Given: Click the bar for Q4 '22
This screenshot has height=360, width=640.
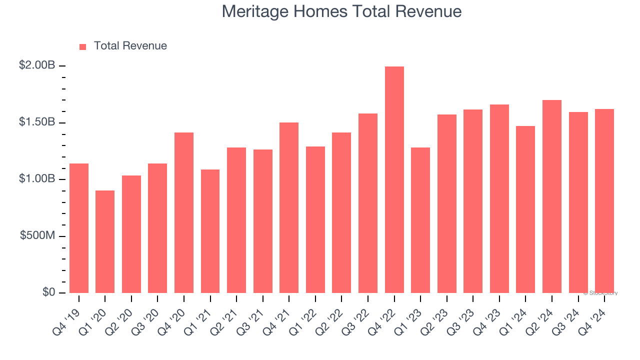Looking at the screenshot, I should (394, 180).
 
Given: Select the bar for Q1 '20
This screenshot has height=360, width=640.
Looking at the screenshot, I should (105, 242).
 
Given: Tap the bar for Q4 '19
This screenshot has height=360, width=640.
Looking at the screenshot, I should (79, 228).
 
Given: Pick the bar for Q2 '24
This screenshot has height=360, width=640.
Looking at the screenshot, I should (552, 196).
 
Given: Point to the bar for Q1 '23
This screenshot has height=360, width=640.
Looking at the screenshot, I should (420, 220).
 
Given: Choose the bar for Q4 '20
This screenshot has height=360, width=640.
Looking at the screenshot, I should (184, 213).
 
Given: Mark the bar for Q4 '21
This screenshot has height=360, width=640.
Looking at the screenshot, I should (289, 208).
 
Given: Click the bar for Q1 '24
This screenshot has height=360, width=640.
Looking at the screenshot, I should (525, 209).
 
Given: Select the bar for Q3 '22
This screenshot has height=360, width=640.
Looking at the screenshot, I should (368, 203).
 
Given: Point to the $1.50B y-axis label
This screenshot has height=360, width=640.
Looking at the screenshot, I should (37, 122).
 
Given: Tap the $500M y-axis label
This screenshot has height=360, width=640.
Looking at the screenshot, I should (37, 235).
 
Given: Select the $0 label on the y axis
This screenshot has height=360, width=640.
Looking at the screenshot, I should (48, 292).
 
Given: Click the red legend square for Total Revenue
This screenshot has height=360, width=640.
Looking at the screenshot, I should (83, 47).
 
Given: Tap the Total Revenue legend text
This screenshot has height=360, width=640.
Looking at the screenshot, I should (130, 46).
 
